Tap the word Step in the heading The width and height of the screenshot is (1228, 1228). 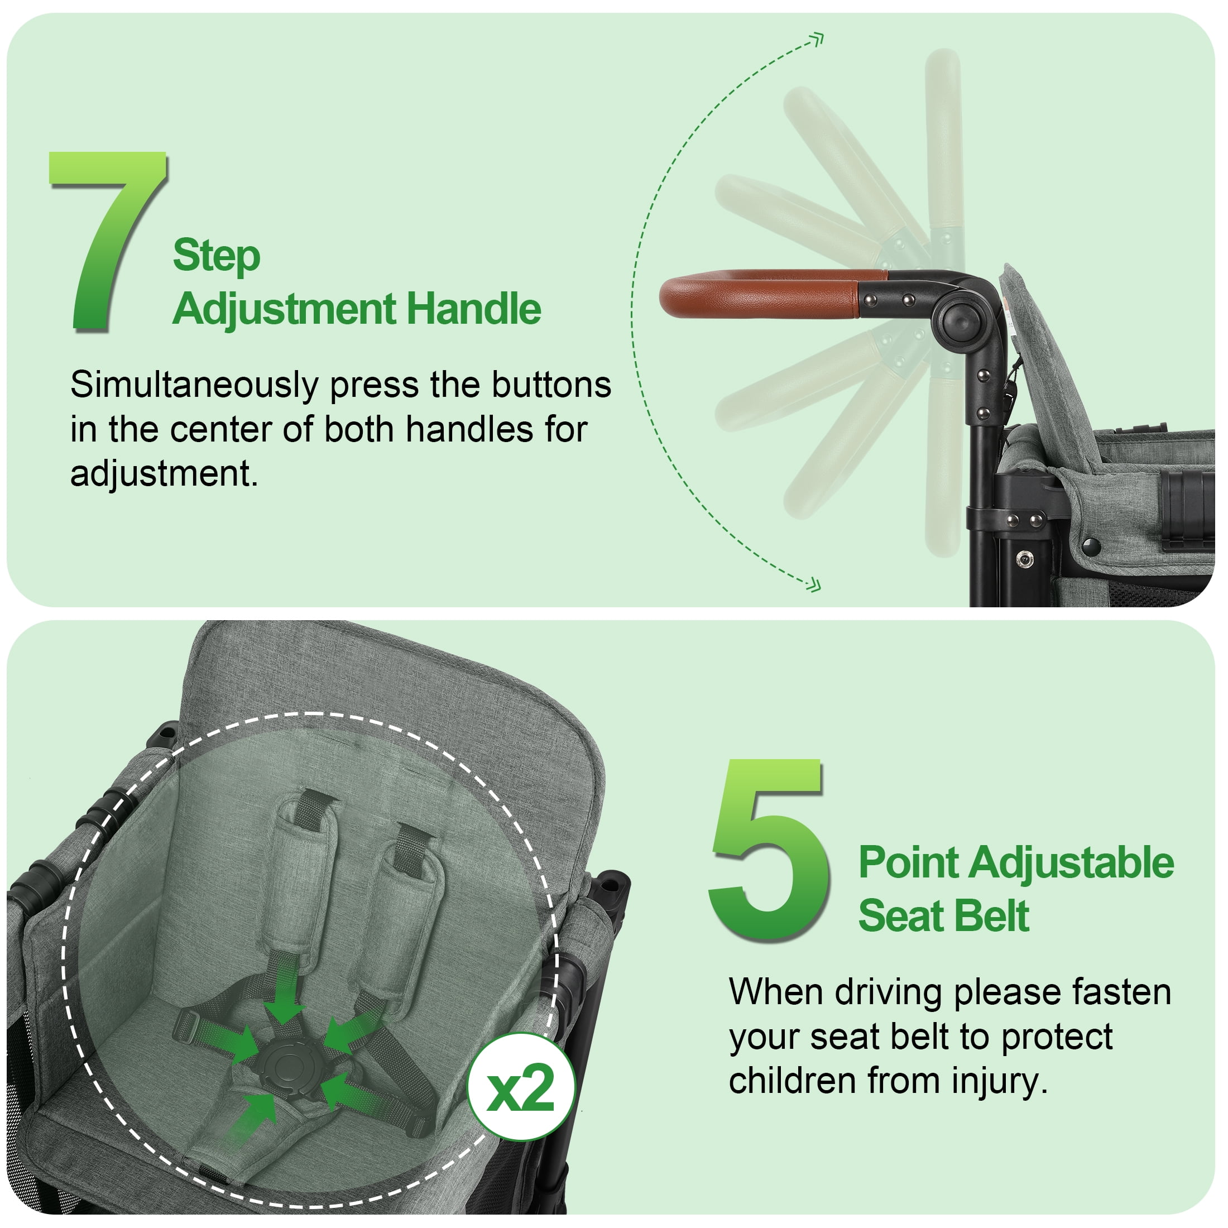(217, 256)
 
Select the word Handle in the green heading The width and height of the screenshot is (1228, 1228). (473, 310)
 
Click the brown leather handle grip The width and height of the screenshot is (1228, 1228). (762, 294)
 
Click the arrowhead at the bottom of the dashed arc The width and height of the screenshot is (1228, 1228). (814, 586)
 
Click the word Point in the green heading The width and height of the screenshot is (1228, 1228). (908, 863)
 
